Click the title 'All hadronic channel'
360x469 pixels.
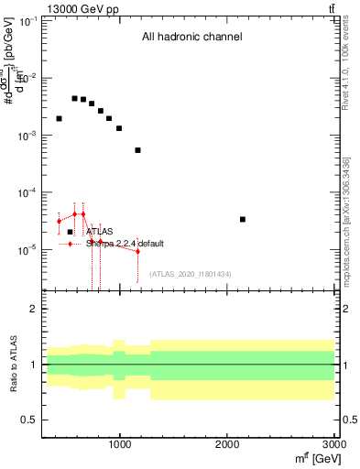pos(191,38)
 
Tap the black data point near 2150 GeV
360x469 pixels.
pos(242,219)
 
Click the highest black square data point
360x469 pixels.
pos(74,98)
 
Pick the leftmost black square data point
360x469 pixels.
pos(59,118)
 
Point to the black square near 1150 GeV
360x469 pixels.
pos(137,150)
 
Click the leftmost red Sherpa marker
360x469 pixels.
pos(59,221)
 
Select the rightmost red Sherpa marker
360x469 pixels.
pos(137,251)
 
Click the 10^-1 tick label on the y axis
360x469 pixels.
pos(27,21)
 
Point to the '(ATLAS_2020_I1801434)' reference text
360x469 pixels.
pos(190,274)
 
